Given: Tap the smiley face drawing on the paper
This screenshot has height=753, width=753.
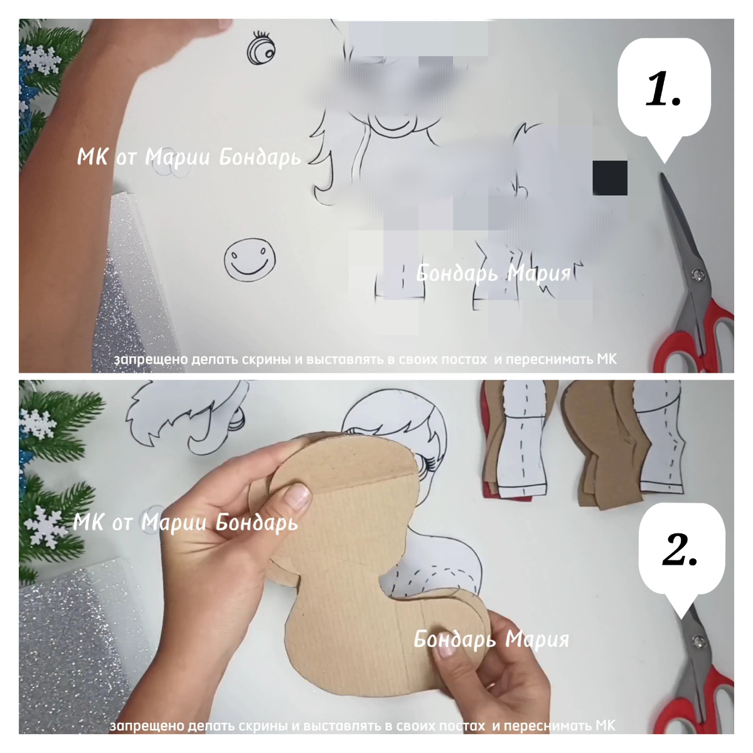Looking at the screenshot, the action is (x=250, y=259).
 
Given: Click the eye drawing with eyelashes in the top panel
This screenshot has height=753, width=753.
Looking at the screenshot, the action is (x=261, y=49).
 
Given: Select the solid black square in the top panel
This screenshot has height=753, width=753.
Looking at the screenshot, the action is (x=610, y=178).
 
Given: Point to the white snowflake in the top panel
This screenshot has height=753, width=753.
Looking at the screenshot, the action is (x=41, y=60).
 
